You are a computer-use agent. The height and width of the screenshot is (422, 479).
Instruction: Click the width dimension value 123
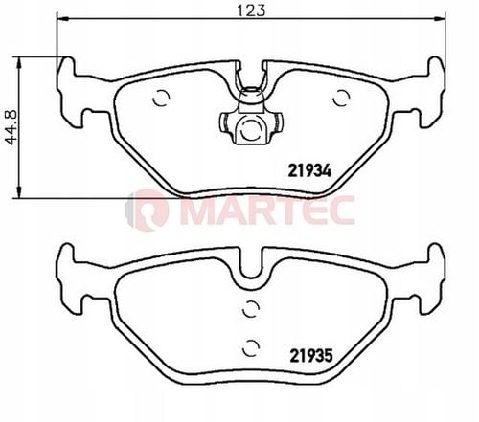(x=251, y=11)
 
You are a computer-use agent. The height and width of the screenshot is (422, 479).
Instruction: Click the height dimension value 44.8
(x=11, y=127)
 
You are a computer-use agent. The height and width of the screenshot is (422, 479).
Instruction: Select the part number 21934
(x=309, y=171)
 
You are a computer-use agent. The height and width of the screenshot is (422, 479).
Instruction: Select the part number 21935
(x=311, y=356)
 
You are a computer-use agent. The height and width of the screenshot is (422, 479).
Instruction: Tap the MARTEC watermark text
(x=267, y=211)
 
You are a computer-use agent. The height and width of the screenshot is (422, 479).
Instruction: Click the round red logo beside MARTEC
(x=147, y=210)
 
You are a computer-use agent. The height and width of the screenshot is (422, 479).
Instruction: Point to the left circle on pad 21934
(x=161, y=98)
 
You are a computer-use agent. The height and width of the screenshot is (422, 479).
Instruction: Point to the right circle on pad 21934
(x=341, y=98)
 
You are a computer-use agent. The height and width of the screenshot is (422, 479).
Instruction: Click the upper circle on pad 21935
(x=250, y=309)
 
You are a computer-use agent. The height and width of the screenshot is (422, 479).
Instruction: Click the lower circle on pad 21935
(x=250, y=347)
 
